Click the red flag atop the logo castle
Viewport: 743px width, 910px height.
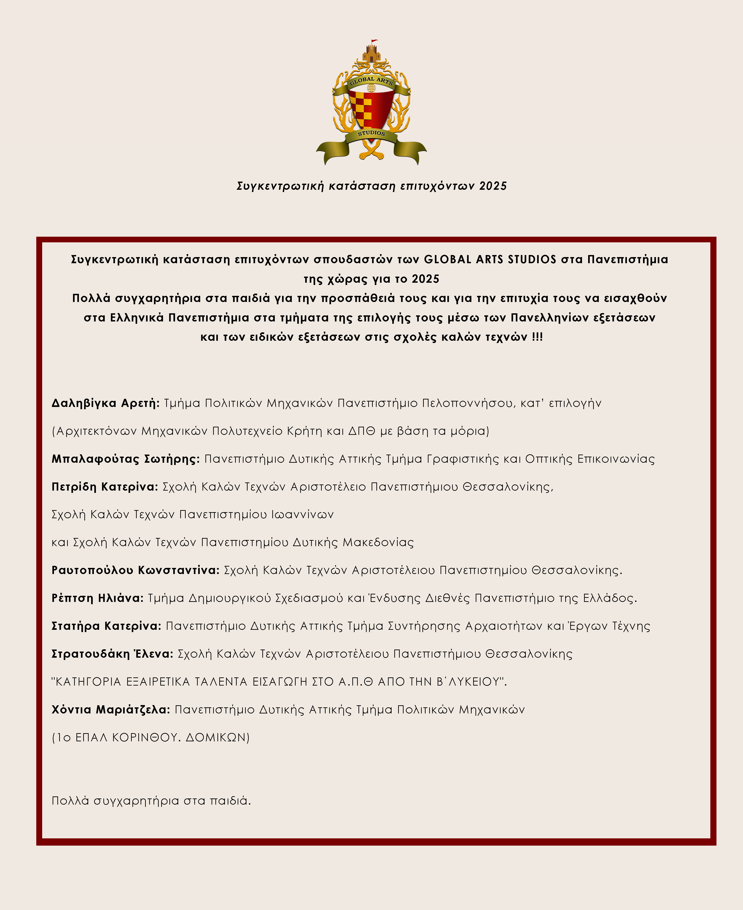coord(374,41)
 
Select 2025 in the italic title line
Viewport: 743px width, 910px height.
coord(493,186)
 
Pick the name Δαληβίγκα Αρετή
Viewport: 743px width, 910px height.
coord(105,403)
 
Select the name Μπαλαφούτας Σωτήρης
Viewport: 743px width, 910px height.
coord(125,459)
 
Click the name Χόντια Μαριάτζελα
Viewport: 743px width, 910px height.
coord(110,709)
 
